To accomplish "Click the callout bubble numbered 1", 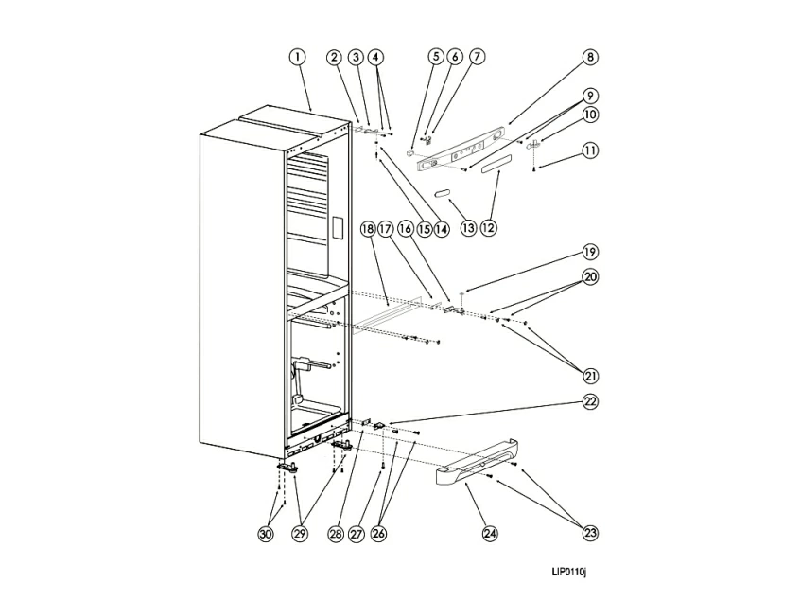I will tap(297, 57).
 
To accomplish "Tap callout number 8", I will tap(590, 57).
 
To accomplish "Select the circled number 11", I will tap(590, 150).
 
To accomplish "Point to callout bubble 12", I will tap(488, 227).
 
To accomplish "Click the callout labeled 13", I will tap(467, 227).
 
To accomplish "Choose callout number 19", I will tap(590, 253).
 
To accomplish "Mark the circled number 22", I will tap(590, 402).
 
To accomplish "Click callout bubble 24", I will tap(490, 533).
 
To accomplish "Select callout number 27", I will tap(357, 534).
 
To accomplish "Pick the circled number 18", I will tap(367, 228).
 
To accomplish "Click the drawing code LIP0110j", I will tap(570, 572).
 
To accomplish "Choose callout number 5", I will tap(436, 57).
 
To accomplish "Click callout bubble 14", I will tap(441, 228).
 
